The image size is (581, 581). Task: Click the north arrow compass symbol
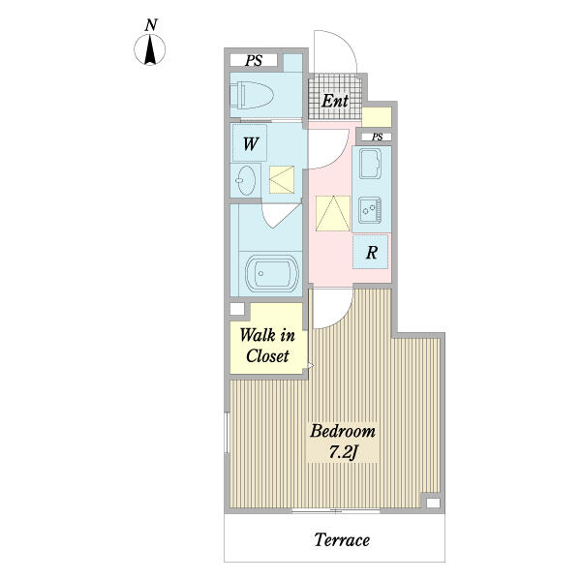tap(150, 49)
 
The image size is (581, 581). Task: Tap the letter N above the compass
tap(151, 25)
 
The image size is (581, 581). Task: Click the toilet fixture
tap(252, 95)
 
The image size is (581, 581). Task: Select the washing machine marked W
tap(250, 143)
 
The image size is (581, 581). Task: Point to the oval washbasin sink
tap(246, 180)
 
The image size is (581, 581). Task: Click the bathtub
tap(271, 274)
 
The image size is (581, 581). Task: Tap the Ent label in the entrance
tap(335, 101)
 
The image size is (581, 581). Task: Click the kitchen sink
tap(369, 164)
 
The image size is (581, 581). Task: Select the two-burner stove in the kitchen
tap(370, 210)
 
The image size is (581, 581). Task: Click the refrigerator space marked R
tap(370, 252)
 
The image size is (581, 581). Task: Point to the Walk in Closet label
tap(267, 346)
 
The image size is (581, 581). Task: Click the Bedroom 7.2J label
tap(343, 442)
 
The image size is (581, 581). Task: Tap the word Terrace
tap(342, 540)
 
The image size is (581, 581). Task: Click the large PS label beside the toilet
tap(254, 60)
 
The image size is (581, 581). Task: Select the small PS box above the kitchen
tap(377, 138)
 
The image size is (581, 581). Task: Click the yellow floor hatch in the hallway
tap(333, 213)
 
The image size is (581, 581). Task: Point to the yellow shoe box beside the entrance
tap(377, 117)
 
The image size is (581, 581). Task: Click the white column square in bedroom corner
tap(433, 503)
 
